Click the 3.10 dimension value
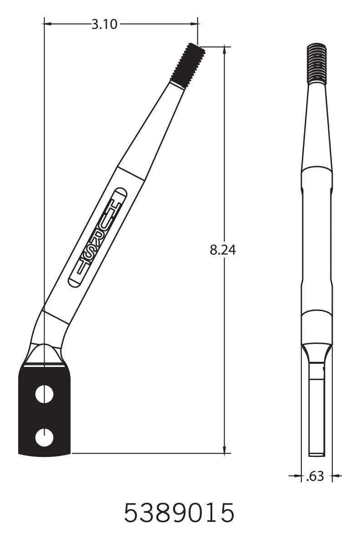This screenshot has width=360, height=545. pos(104,25)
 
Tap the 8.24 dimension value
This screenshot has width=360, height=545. pos(223,250)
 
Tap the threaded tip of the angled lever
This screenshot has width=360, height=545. pos(188,65)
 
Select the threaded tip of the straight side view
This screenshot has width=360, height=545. pos(316,64)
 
